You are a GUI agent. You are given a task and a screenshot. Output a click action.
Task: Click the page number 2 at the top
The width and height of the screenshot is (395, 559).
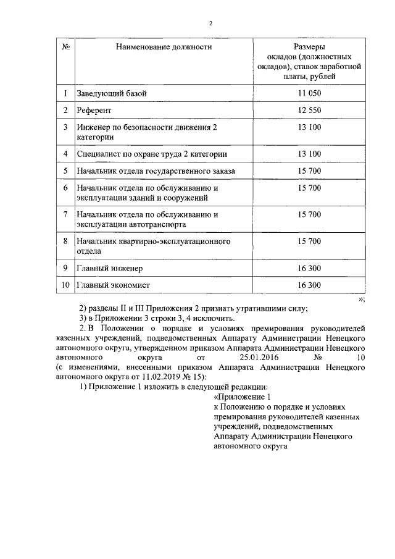pyautogui.click(x=210, y=23)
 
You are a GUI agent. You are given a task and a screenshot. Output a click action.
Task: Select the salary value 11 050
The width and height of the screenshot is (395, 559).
pyautogui.click(x=309, y=93)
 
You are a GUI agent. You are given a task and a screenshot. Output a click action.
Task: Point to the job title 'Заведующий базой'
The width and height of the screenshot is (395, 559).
pyautogui.click(x=112, y=93)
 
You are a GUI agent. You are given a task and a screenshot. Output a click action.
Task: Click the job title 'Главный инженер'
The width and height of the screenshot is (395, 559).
pyautogui.click(x=110, y=267)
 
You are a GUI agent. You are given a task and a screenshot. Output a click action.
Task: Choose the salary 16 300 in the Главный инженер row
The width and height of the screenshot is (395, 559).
pyautogui.click(x=309, y=267)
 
